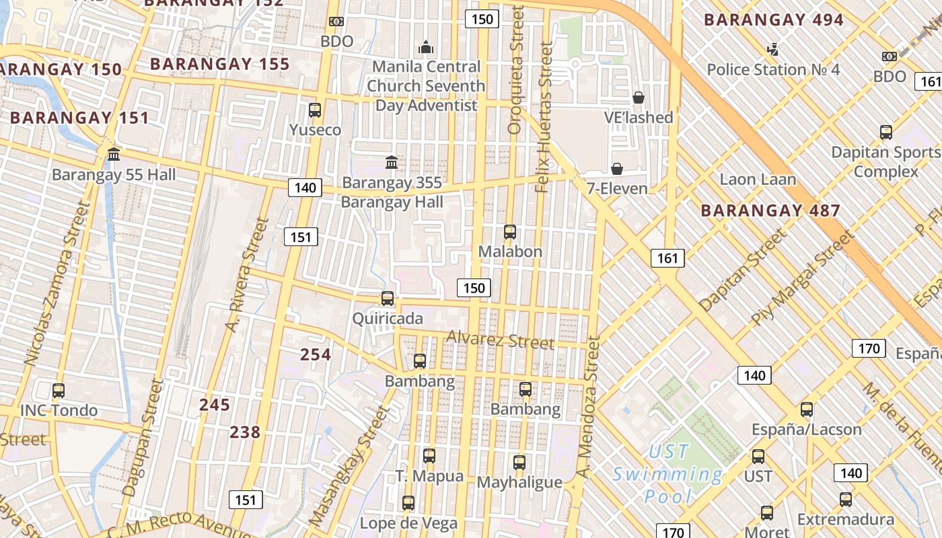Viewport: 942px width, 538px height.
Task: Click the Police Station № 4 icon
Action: pyautogui.click(x=773, y=49)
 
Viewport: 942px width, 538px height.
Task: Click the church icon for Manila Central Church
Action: pyautogui.click(x=425, y=47)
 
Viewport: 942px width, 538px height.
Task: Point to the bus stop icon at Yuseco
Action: pyautogui.click(x=314, y=110)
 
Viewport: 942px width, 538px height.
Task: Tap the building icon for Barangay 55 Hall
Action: pyautogui.click(x=114, y=155)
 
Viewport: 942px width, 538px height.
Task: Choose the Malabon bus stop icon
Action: pyautogui.click(x=510, y=232)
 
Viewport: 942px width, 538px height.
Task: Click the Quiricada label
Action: pyautogui.click(x=388, y=318)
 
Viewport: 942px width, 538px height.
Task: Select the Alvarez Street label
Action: pyautogui.click(x=500, y=340)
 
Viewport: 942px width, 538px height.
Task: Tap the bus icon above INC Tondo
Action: pyautogui.click(x=59, y=390)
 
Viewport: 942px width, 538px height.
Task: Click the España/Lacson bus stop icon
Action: pyautogui.click(x=806, y=409)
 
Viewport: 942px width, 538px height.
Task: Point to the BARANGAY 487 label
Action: pyautogui.click(x=770, y=210)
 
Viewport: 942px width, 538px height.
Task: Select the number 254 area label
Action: pyautogui.click(x=316, y=354)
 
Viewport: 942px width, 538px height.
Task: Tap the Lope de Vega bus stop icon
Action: pyautogui.click(x=408, y=502)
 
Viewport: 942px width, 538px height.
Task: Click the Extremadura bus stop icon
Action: pyautogui.click(x=846, y=499)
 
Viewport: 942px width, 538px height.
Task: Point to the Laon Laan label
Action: pyautogui.click(x=758, y=180)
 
